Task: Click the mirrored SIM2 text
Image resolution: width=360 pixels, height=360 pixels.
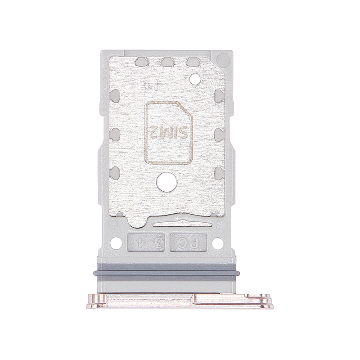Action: [169, 132]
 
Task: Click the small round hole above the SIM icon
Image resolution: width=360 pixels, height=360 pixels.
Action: [195, 79]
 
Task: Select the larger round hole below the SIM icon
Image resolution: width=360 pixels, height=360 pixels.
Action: [166, 182]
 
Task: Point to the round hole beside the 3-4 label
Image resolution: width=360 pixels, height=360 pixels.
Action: [116, 243]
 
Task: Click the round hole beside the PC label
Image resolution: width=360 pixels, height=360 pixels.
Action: [218, 243]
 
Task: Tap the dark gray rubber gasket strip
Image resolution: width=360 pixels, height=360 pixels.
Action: [166, 273]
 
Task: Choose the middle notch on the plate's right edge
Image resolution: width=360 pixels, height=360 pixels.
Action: [219, 134]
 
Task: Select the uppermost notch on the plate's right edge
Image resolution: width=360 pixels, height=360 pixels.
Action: [219, 95]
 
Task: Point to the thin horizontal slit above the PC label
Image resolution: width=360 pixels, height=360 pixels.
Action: [182, 223]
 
